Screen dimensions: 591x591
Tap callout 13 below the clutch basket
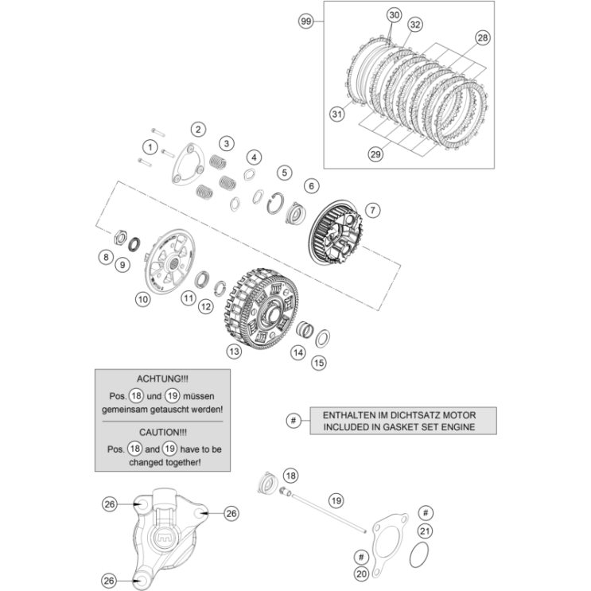tap(235, 350)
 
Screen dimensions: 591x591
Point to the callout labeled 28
tap(483, 38)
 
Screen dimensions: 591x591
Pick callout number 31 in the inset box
tap(337, 115)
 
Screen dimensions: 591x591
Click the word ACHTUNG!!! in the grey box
tap(163, 381)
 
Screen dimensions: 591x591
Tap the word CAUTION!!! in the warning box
tap(163, 432)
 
